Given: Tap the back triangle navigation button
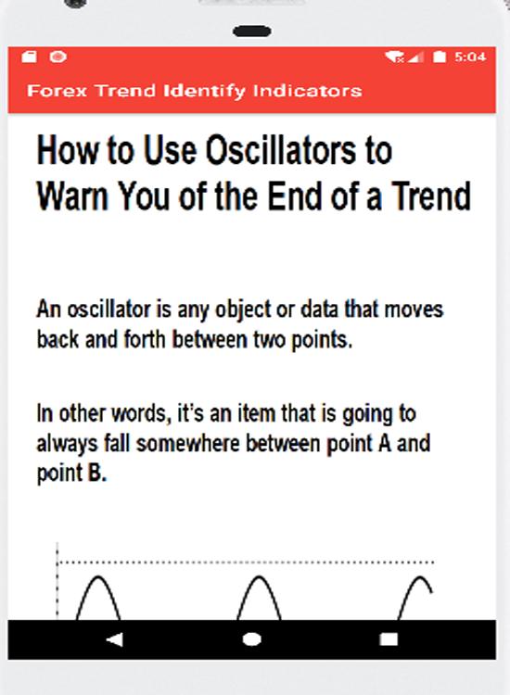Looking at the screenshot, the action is [x=116, y=639].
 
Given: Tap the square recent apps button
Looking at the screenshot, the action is [x=389, y=639].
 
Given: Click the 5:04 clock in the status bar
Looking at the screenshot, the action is [x=470, y=57].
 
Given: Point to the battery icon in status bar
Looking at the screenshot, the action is [x=439, y=57].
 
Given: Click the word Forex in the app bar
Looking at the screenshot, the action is [x=57, y=91].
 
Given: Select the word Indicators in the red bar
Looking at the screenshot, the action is [x=307, y=91].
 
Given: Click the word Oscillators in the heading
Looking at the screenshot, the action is [x=281, y=150].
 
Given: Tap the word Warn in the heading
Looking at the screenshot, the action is [x=72, y=196].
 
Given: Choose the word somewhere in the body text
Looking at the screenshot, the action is [x=188, y=444].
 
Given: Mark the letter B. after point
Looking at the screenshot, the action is [x=97, y=473].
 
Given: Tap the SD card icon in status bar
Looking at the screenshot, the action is [x=30, y=57].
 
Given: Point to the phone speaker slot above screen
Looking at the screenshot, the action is [x=252, y=31].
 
